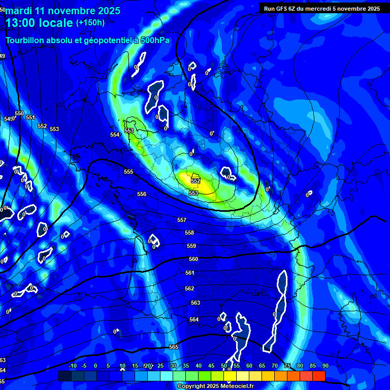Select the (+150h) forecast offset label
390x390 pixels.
[x=90, y=23]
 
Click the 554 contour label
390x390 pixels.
[x=115, y=135]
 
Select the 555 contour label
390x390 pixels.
[x=128, y=172]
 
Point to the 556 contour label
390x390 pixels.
[x=142, y=194]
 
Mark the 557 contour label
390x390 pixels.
[x=182, y=220]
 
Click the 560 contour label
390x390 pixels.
[x=193, y=259]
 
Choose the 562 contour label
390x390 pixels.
[x=189, y=288]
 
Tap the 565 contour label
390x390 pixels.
[x=174, y=347]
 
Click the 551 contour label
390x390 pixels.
[x=30, y=118]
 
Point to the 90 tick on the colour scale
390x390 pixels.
[x=325, y=366]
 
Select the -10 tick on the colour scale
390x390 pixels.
[x=73, y=366]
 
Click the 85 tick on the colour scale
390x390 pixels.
[x=312, y=366]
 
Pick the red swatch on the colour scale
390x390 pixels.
[x=318, y=376]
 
